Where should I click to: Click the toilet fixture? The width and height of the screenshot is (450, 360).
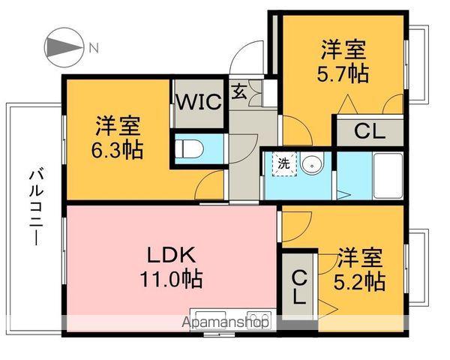[x=189, y=148]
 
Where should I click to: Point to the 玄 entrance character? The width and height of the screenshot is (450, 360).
[x=238, y=91]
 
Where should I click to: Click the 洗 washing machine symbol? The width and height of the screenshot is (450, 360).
[x=284, y=163]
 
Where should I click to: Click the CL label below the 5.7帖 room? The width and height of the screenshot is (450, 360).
[x=369, y=131]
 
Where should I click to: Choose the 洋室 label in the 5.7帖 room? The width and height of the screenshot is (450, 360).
[x=344, y=50]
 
